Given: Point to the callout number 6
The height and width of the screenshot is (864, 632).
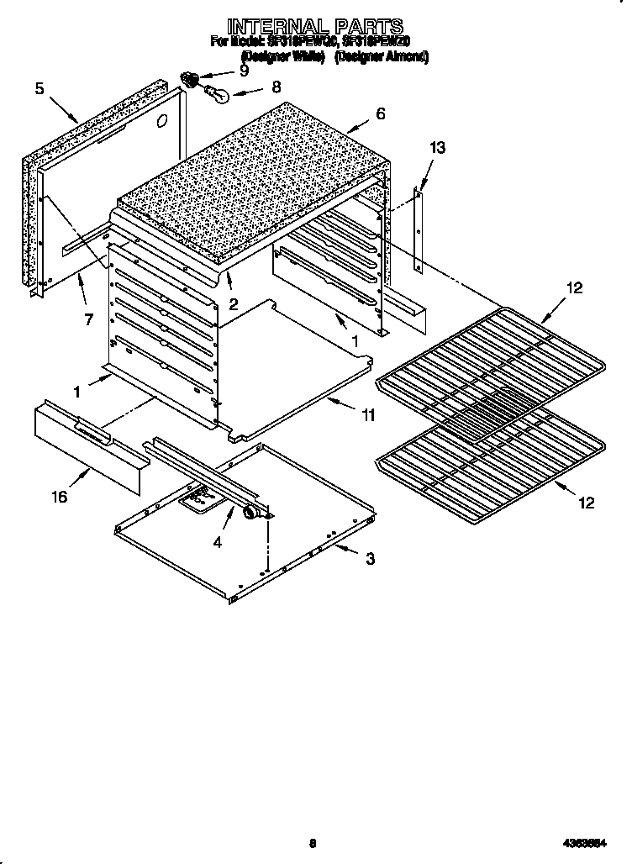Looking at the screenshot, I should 381,113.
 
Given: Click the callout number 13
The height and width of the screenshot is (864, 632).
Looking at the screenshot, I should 437,149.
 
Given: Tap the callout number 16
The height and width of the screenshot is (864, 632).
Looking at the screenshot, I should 58,497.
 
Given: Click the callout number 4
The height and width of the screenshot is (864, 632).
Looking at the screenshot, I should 218,543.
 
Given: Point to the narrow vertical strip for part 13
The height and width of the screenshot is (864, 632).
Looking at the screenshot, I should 419,229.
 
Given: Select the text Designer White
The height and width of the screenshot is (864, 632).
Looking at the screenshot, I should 283,56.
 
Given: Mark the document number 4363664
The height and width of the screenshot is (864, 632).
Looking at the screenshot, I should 585,844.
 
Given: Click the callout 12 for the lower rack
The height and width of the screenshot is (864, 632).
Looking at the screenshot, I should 586,503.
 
